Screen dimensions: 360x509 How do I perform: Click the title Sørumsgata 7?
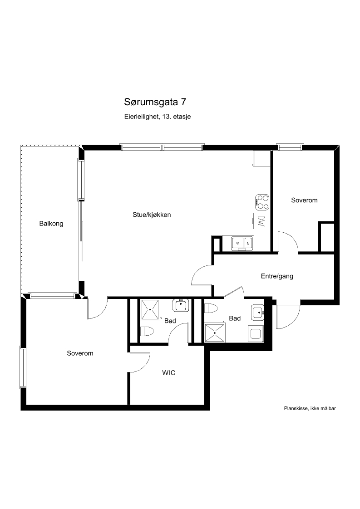[x=155, y=102]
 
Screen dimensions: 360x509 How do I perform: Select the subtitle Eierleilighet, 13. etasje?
[x=157, y=117]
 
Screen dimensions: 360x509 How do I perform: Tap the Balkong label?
[x=51, y=224]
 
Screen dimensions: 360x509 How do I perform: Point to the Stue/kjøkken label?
[x=152, y=215]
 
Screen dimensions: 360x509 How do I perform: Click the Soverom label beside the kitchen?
[x=304, y=201]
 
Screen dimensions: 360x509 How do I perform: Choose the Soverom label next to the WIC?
[x=80, y=353]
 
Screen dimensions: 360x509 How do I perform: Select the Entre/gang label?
[x=277, y=276]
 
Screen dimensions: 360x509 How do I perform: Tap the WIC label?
[x=168, y=373]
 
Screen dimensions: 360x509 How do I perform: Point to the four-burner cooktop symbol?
[x=262, y=201]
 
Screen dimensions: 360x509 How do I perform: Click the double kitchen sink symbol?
[x=242, y=243]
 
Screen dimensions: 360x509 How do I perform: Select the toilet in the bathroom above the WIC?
[x=148, y=332]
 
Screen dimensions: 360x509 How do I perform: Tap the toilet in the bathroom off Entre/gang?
[x=210, y=308]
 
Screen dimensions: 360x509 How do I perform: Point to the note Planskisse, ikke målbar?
[x=310, y=408]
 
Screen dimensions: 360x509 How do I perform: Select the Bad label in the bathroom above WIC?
[x=170, y=321]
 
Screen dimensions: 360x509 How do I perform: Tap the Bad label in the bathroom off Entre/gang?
[x=235, y=318]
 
